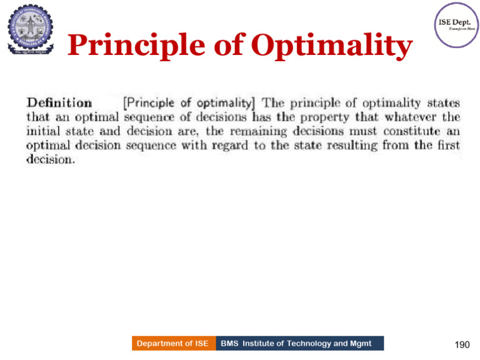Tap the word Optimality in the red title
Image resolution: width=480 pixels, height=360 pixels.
(x=331, y=46)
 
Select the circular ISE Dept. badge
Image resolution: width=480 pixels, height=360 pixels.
(x=456, y=24)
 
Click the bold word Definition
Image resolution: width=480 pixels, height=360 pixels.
(x=59, y=103)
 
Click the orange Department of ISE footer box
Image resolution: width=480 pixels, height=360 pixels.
(x=173, y=343)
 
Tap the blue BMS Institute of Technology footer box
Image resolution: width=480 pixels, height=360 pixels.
(x=300, y=343)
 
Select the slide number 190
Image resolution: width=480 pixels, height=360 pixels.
(x=461, y=344)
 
